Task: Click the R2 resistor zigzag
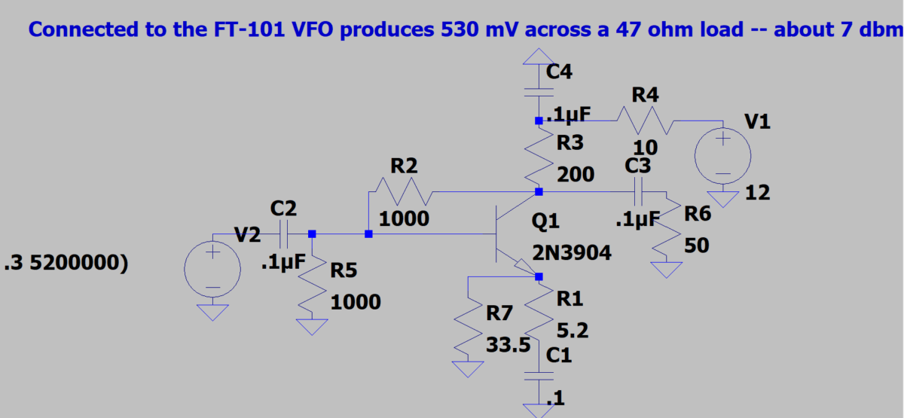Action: pos(406,192)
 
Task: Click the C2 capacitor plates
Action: pos(284,234)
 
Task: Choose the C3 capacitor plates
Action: pos(640,192)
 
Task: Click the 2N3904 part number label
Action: pos(572,255)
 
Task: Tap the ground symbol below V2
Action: pos(213,311)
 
